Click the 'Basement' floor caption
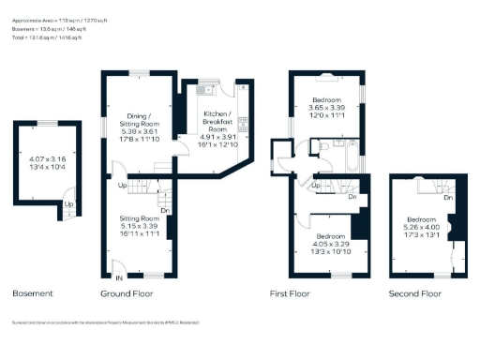(33, 293)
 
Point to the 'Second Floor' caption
(414, 293)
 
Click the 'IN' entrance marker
(119, 278)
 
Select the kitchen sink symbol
(206, 90)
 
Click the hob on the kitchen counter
(242, 122)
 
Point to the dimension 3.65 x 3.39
(327, 108)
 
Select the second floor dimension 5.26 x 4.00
(418, 225)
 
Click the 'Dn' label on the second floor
(448, 198)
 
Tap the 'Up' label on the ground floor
(123, 185)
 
